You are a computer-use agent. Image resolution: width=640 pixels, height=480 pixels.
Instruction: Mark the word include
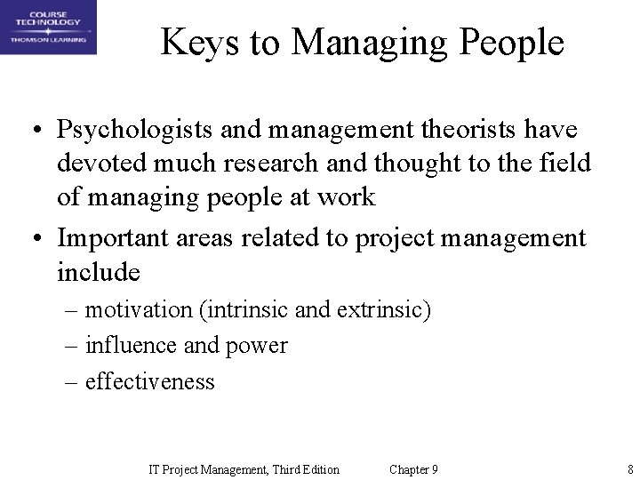point(99,271)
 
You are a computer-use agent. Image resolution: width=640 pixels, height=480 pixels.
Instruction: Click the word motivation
point(138,310)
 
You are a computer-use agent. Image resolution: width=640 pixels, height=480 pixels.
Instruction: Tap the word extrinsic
point(383,310)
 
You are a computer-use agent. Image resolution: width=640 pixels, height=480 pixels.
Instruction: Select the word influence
point(130,346)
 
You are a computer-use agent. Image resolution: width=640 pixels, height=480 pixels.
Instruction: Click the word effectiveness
point(149,381)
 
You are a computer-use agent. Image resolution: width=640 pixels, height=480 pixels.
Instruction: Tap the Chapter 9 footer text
point(413,469)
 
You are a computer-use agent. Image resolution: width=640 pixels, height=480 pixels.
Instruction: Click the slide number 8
point(629,469)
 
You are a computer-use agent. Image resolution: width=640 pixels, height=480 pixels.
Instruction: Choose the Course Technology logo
point(48,28)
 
